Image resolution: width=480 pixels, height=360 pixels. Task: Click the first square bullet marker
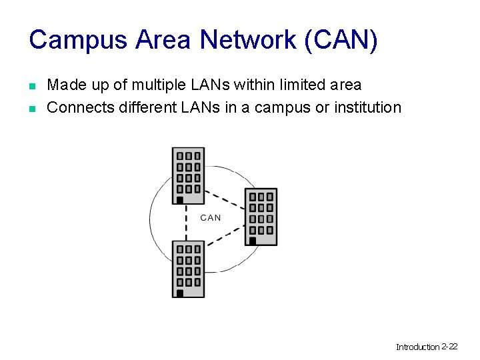coord(31,86)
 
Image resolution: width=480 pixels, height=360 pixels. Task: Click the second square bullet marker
coord(31,108)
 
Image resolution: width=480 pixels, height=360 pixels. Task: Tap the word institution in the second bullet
coord(369,107)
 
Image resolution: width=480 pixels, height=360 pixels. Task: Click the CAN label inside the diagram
coord(211,217)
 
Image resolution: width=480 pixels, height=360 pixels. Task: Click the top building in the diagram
coord(188,175)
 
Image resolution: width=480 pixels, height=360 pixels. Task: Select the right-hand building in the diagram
coord(261,216)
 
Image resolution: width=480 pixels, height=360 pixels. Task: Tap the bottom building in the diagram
coord(188,268)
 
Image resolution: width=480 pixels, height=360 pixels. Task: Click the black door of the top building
coord(179,199)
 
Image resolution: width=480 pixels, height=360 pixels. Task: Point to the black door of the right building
coord(253,240)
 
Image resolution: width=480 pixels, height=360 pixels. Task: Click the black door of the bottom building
coord(179,293)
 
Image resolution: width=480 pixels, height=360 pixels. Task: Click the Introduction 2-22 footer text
coord(427,347)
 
